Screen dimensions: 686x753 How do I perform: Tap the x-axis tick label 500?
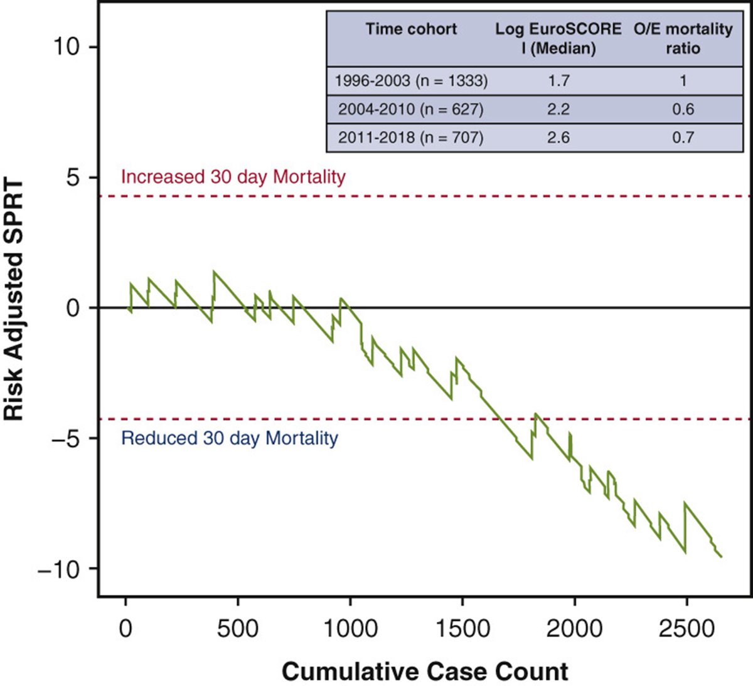pos(238,628)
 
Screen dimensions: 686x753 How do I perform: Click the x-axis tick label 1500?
pos(462,628)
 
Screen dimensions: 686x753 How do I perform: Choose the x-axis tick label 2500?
pos(686,628)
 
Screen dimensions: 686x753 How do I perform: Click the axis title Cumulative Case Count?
pos(425,672)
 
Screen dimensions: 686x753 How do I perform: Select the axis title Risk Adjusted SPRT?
pos(14,301)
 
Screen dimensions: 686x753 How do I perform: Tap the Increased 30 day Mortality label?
pos(233,177)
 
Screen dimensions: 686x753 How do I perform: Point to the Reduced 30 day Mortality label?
pos(229,438)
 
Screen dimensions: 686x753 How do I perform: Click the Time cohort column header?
pos(411,29)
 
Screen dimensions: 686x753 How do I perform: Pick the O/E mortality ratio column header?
pos(683,38)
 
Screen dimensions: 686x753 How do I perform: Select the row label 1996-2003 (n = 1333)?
pos(411,80)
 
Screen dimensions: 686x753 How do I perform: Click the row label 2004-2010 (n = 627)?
pos(411,109)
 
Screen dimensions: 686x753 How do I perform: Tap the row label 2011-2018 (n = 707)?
pos(411,137)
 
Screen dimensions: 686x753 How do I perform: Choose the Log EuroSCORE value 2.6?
pos(558,137)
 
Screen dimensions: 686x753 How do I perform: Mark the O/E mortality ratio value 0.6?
pos(683,109)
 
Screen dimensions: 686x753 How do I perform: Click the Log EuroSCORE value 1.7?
pos(558,80)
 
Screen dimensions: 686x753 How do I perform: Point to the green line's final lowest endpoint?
pos(722,556)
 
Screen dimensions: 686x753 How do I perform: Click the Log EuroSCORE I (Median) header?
pos(558,38)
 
